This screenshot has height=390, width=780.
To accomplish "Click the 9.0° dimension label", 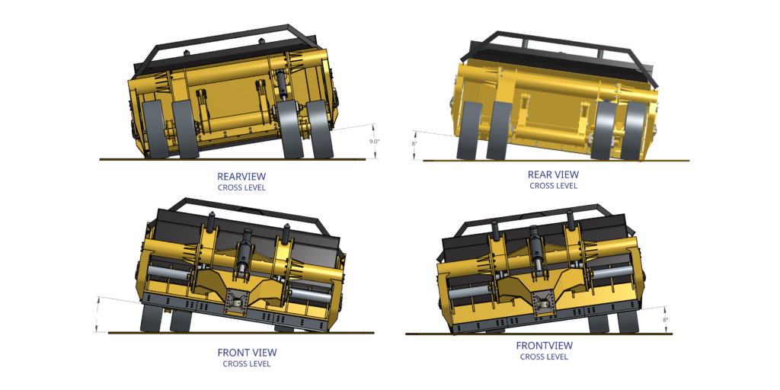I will pos(374,141).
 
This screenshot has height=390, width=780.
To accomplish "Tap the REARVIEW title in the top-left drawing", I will pos(241,176).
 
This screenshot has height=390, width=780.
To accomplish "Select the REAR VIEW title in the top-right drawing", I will pos(553,174).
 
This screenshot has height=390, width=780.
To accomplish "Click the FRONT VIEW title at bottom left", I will pos(247,353).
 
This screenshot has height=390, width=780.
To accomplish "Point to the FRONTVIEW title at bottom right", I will pos(544,346).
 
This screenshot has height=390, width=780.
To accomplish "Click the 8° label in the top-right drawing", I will pos(415,143).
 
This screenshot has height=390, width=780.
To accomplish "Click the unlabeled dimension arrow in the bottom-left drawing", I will pos(97,314).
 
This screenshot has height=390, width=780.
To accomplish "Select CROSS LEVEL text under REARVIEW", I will pos(241,187).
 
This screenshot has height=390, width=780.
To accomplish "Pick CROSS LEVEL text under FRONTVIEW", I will pos(544,356).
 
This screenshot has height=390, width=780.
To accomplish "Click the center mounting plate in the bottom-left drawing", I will pos(238,303).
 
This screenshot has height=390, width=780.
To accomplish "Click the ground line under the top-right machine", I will pos(556,161).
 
